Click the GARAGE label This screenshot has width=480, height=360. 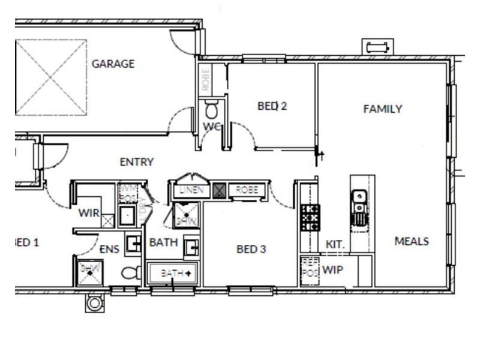pyautogui.click(x=113, y=64)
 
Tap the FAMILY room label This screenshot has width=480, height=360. pyautogui.click(x=382, y=109)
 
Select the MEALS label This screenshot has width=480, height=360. pyautogui.click(x=412, y=241)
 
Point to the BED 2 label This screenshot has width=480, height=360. pyautogui.click(x=272, y=106)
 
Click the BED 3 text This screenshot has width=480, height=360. pyautogui.click(x=251, y=249)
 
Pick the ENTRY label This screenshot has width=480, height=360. pyautogui.click(x=137, y=162)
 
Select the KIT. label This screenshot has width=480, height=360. pyautogui.click(x=334, y=245)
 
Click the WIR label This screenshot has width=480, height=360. pyautogui.click(x=88, y=212)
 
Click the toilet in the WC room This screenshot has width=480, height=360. pyautogui.click(x=212, y=110)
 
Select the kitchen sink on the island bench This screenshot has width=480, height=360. pyautogui.click(x=358, y=206)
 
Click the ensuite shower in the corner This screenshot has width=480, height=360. pyautogui.click(x=89, y=269)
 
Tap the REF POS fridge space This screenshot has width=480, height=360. pyautogui.click(x=309, y=267)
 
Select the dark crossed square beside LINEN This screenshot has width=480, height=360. pyautogui.click(x=220, y=191)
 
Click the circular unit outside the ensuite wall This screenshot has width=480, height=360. pyautogui.click(x=94, y=303)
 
